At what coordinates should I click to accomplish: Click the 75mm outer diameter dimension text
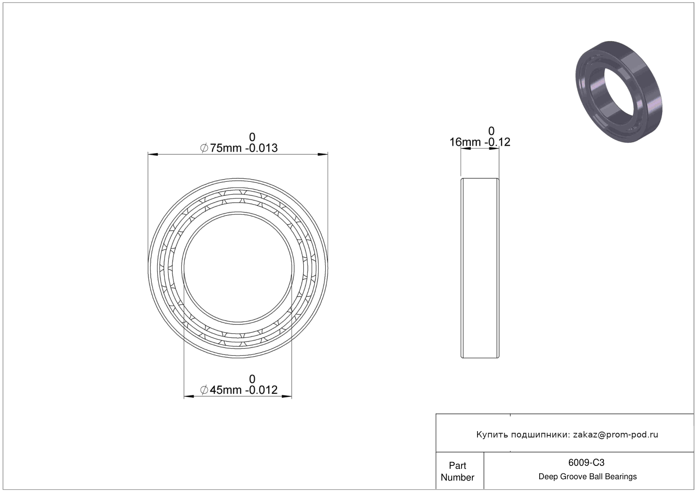tap(225, 148)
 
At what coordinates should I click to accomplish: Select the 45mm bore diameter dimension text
tap(225, 390)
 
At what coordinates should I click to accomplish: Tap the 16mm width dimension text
tap(465, 142)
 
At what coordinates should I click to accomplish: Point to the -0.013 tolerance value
tap(261, 148)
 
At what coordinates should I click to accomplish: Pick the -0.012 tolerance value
tap(261, 390)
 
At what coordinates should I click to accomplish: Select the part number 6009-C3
tap(586, 463)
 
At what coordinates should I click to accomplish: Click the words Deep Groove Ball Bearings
tap(587, 476)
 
